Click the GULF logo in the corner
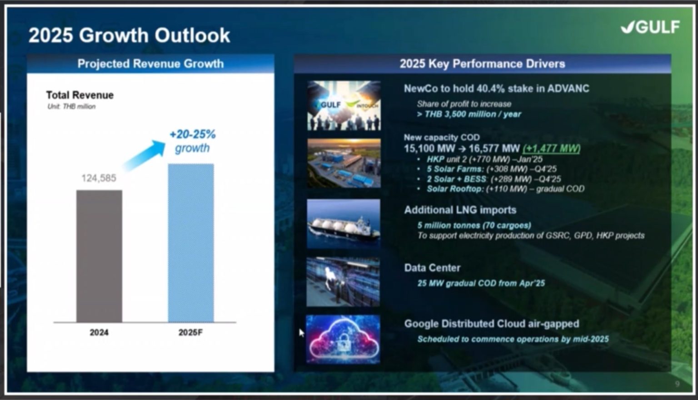[x=650, y=27]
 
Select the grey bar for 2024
[x=99, y=256]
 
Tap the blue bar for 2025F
[x=191, y=243]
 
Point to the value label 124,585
[x=99, y=178]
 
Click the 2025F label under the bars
[x=190, y=332]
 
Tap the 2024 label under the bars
[x=99, y=332]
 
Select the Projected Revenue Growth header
[x=150, y=64]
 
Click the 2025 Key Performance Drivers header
[x=482, y=64]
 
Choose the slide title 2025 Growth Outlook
[x=129, y=35]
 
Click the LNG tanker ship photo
[x=344, y=224]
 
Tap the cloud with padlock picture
[x=343, y=339]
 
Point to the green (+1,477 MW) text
[x=551, y=148]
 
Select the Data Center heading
[x=432, y=268]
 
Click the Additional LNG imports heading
[x=460, y=210]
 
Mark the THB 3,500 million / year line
[x=469, y=114]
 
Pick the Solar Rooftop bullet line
[x=505, y=189]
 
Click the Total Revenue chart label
[x=80, y=95]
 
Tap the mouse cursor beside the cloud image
[x=301, y=333]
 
